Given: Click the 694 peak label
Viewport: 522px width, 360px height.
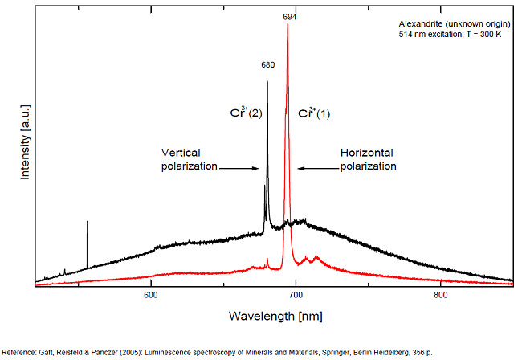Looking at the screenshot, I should (288, 16).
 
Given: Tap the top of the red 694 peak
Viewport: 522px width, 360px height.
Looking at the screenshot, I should (288, 24).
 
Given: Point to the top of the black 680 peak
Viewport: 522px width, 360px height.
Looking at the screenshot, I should (267, 81).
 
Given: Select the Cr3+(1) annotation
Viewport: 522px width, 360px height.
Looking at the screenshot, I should (315, 112).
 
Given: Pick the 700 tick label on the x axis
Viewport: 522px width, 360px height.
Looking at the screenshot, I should (296, 296).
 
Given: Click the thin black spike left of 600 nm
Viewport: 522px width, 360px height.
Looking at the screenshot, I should (87, 241).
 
